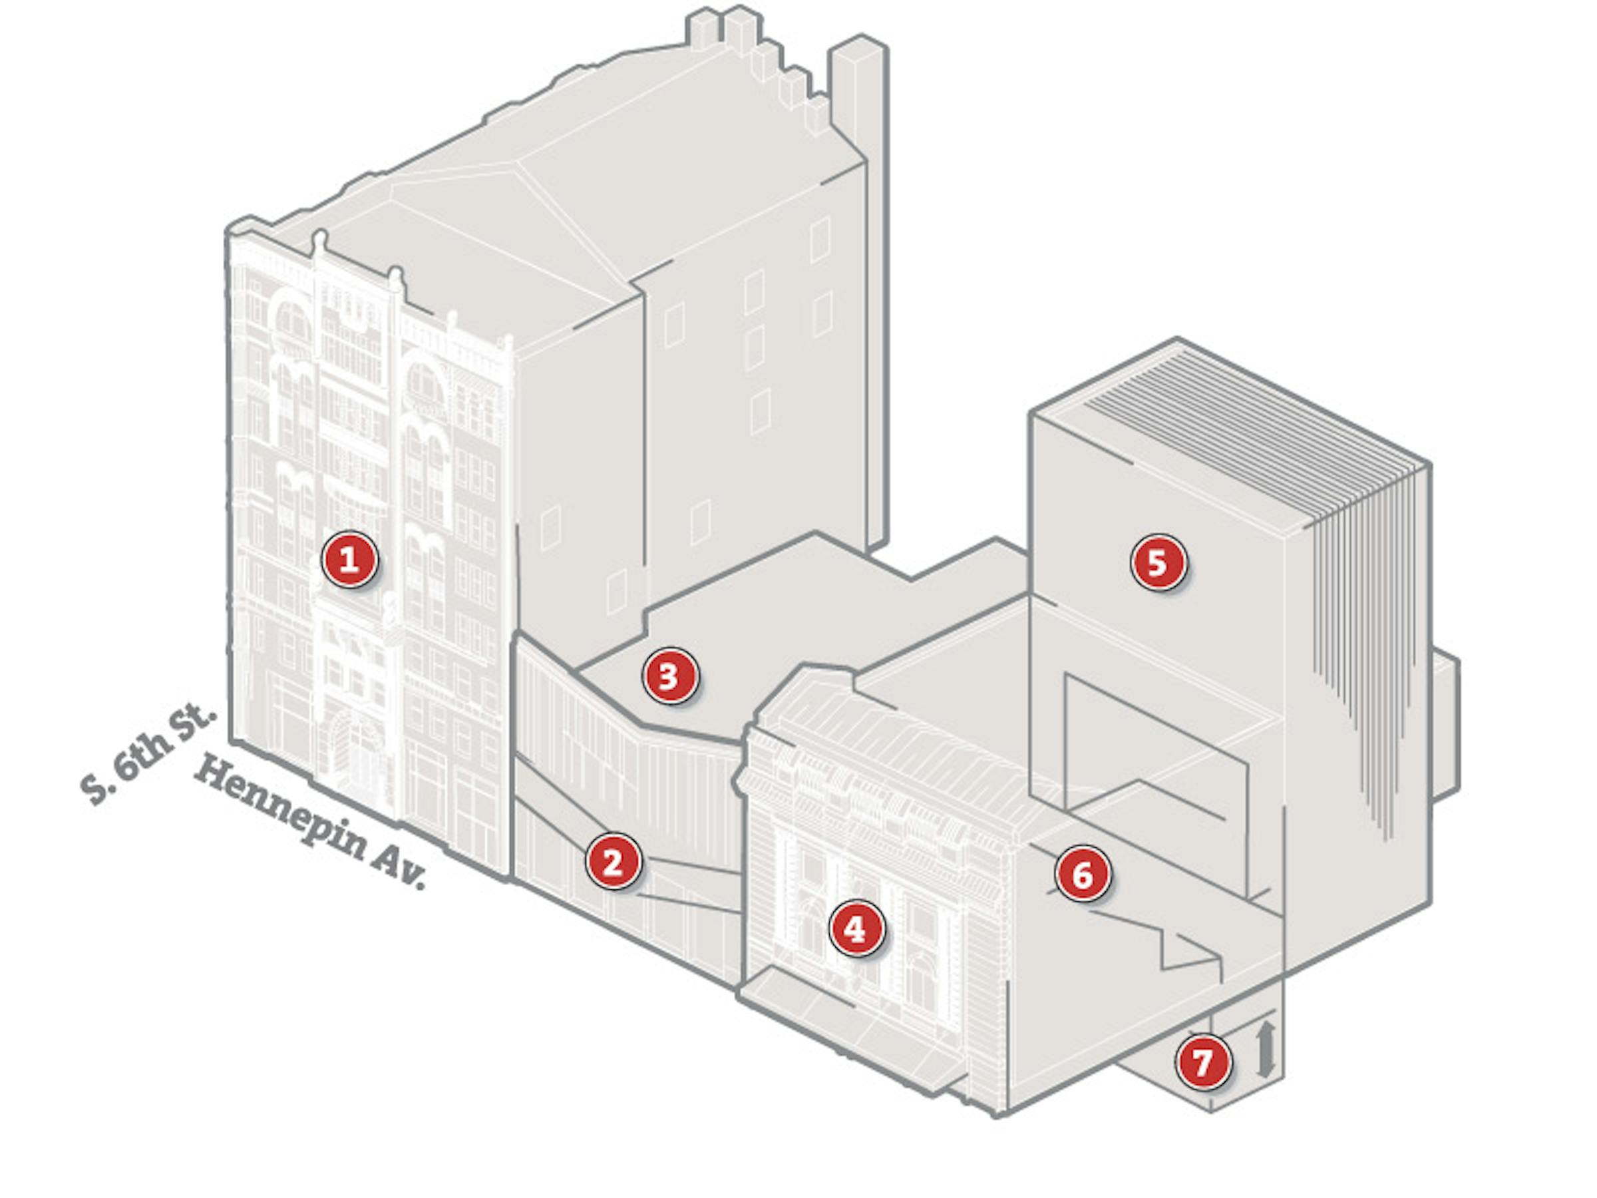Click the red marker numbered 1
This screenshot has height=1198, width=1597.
(x=349, y=559)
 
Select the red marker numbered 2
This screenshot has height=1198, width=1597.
(x=613, y=861)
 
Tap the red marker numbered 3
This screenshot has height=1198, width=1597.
(x=670, y=676)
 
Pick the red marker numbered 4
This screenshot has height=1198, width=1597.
(x=856, y=928)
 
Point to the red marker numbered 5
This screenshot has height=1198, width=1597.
(x=1158, y=562)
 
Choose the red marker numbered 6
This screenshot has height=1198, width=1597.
(x=1082, y=874)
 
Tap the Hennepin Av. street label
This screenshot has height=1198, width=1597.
(x=311, y=823)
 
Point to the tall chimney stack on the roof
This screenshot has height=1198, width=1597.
(x=858, y=289)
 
